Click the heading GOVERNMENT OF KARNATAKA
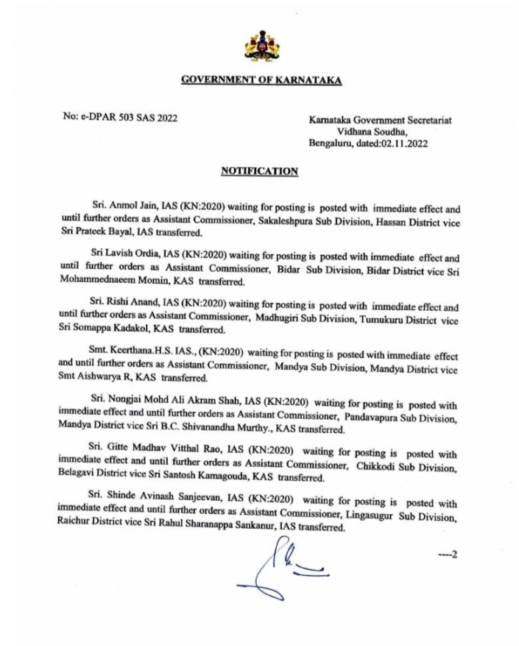261,80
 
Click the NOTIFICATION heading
259,172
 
